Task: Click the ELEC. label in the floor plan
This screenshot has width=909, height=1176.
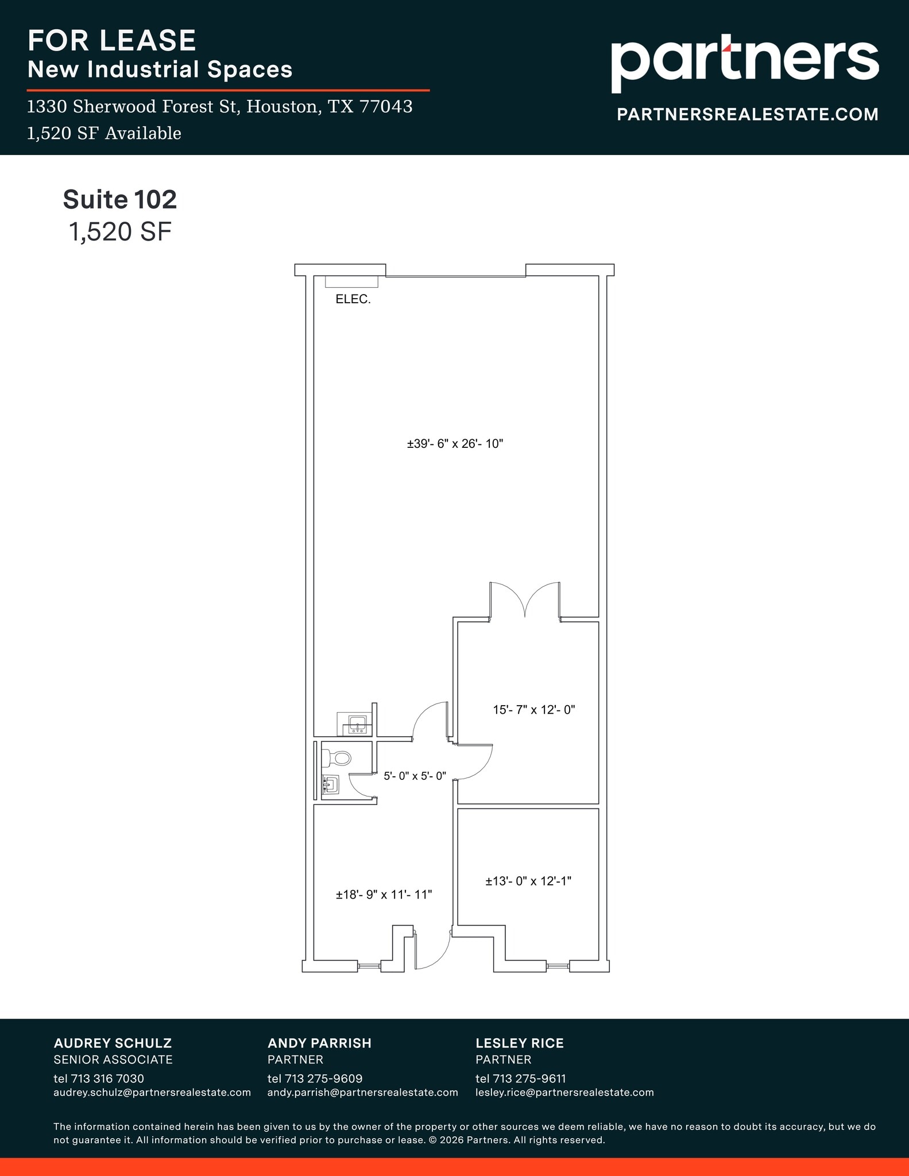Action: pos(353,299)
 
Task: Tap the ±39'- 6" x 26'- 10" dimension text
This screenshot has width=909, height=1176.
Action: pos(455,444)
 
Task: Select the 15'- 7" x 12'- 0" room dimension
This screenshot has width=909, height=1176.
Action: pos(533,710)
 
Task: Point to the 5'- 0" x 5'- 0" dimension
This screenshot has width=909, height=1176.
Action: pos(415,776)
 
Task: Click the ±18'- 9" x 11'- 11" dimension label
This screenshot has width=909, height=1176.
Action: pos(384,895)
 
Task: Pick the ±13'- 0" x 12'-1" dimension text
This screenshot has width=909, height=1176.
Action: pos(528,881)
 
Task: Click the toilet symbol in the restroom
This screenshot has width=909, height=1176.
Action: pos(338,759)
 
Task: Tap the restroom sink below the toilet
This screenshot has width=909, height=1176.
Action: pos(331,784)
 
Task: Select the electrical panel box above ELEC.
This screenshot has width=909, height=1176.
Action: pos(351,281)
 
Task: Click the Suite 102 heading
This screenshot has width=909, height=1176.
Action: pos(119,199)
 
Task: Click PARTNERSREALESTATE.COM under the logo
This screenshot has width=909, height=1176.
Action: pos(747,114)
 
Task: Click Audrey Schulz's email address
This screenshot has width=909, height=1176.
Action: pos(152,1092)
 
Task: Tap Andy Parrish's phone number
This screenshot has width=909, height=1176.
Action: pos(315,1078)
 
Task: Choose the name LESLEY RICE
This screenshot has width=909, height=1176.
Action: pos(519,1043)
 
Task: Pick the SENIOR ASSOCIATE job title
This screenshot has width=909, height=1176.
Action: pos(113,1059)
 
